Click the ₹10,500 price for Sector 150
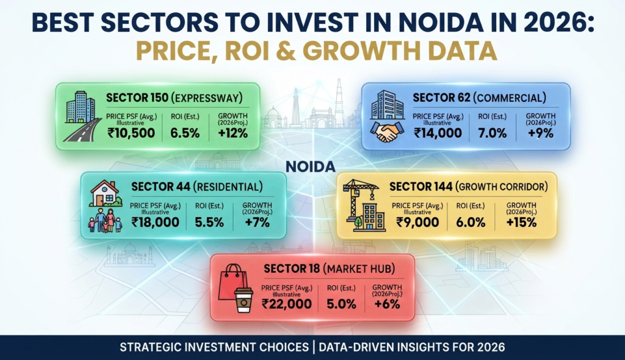pos(131,132)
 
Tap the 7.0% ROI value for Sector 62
pos(493,133)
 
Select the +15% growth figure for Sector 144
pos(521,222)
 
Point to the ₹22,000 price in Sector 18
pos(287,304)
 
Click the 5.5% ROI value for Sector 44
pos(209,222)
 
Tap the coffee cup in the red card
pos(244,300)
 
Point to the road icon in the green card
pos(82,130)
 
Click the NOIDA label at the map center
pos(311,167)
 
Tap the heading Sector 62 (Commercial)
pos(479,98)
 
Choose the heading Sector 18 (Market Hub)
pos(329,268)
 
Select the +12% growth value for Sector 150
pos(233,133)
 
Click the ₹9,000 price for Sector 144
pos(417,222)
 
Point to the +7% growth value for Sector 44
pos(257,222)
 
